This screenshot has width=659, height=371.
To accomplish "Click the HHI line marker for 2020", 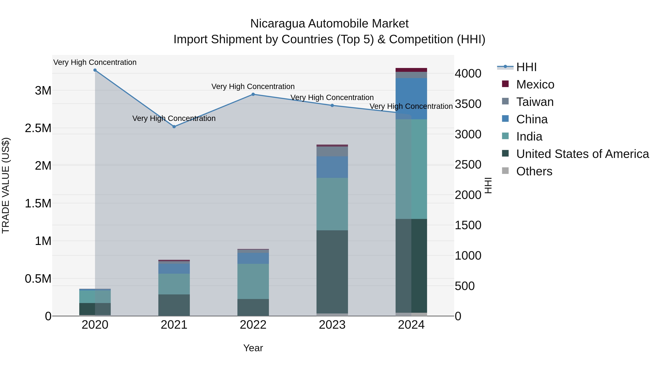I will click(x=95, y=70).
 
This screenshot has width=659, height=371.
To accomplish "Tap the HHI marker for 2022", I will click(x=253, y=94).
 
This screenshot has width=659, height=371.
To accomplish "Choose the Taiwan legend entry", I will click(x=535, y=102).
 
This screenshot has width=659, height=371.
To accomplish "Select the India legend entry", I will click(x=529, y=136).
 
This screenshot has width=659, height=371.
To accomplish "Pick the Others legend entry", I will click(x=534, y=171).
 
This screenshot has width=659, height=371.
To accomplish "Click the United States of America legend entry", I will click(x=582, y=154).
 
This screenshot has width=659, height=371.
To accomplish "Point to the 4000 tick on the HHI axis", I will click(x=468, y=74).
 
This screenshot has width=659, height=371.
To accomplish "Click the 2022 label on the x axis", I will click(x=253, y=325).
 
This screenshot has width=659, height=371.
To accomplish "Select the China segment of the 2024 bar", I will click(x=411, y=99).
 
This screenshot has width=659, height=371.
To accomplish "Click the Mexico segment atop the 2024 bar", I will click(x=411, y=70).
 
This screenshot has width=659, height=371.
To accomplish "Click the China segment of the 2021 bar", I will click(x=174, y=269).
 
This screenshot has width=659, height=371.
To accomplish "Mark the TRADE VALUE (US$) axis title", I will click(x=6, y=185).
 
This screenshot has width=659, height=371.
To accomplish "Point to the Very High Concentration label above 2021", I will click(x=174, y=118).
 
